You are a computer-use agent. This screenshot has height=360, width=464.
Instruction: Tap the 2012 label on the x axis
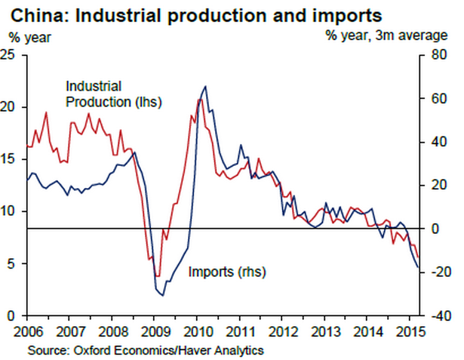[281, 331]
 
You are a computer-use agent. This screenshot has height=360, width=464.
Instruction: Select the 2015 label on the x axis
[408, 331]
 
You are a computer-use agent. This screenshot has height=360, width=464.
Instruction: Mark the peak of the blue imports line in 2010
[207, 87]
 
